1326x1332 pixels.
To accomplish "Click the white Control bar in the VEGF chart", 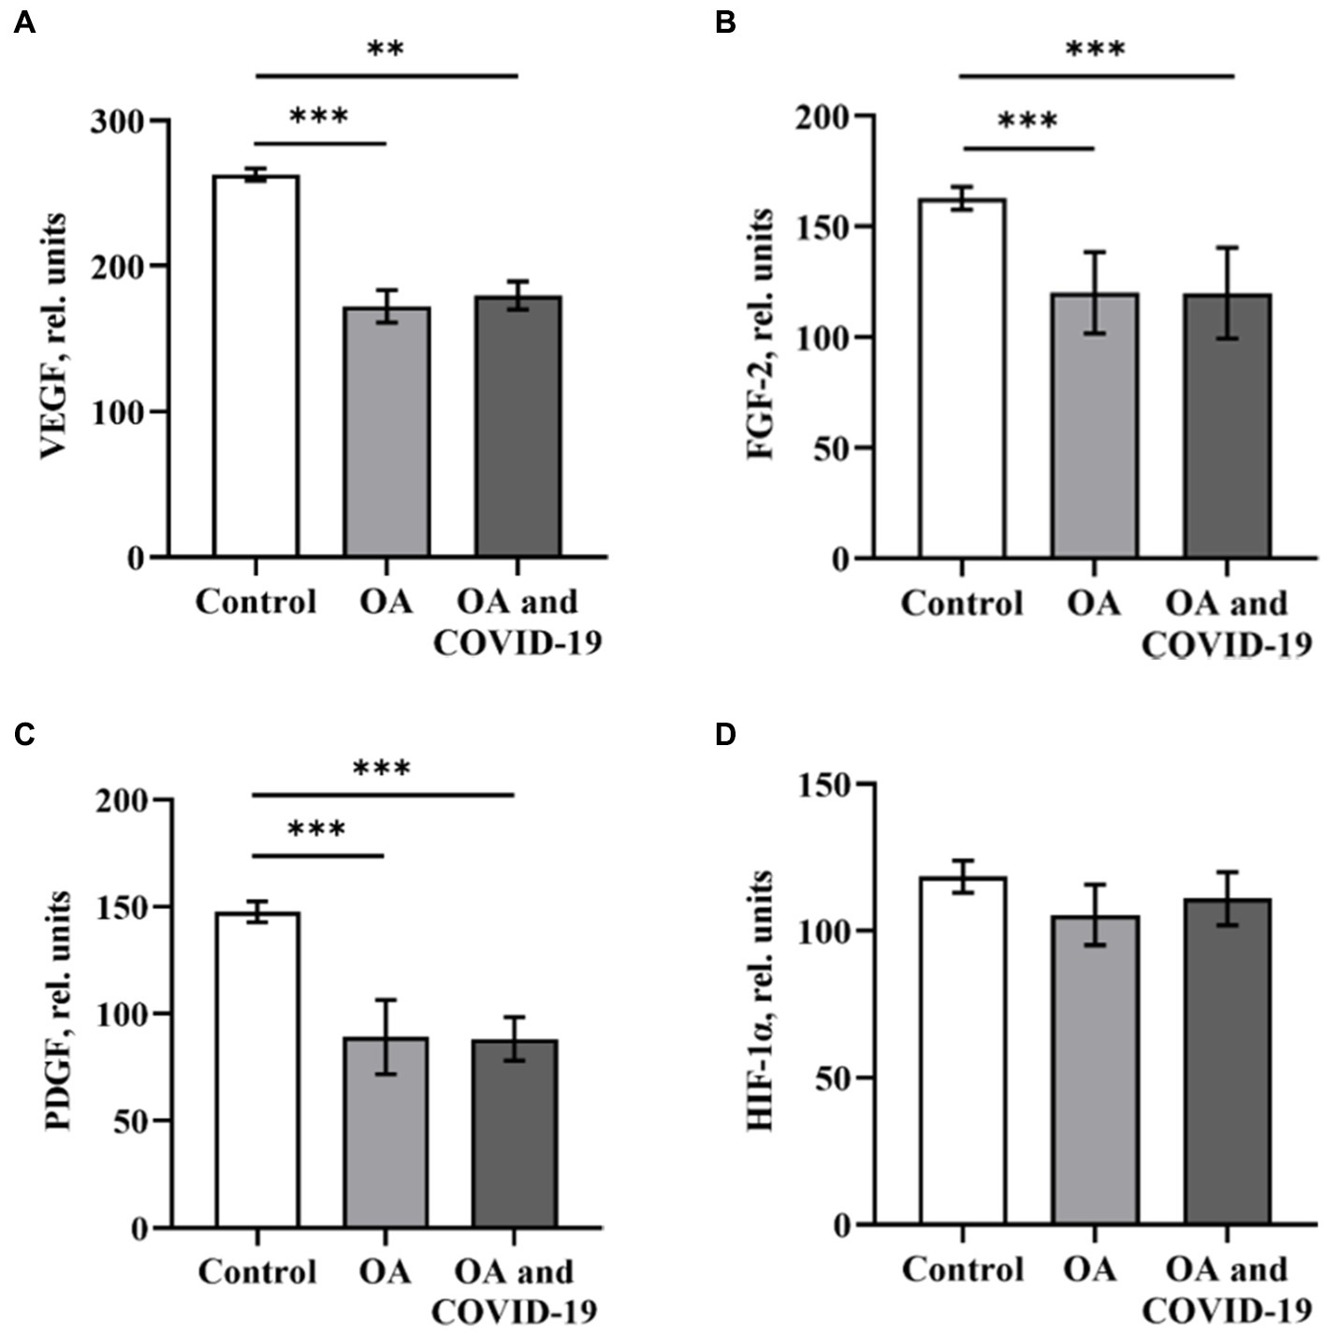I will [255, 365].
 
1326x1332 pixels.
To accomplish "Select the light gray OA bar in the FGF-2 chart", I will [1094, 426].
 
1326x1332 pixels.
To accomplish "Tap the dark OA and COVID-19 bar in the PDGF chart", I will [515, 1133].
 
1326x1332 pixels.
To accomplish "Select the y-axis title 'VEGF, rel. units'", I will [54, 337].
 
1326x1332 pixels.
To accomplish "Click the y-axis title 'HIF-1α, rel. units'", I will [760, 1002].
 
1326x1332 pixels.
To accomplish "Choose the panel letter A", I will [25, 23].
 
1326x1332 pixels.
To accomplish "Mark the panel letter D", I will [725, 734].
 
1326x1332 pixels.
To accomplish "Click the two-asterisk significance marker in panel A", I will [386, 50].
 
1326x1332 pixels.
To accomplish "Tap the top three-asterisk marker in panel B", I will [1095, 50].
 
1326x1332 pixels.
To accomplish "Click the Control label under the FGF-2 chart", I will [961, 604].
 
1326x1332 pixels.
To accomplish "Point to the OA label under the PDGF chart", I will [385, 1272].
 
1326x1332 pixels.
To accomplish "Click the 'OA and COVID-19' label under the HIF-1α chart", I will [1226, 1288].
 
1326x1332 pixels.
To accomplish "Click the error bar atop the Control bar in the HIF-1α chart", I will [962, 876].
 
